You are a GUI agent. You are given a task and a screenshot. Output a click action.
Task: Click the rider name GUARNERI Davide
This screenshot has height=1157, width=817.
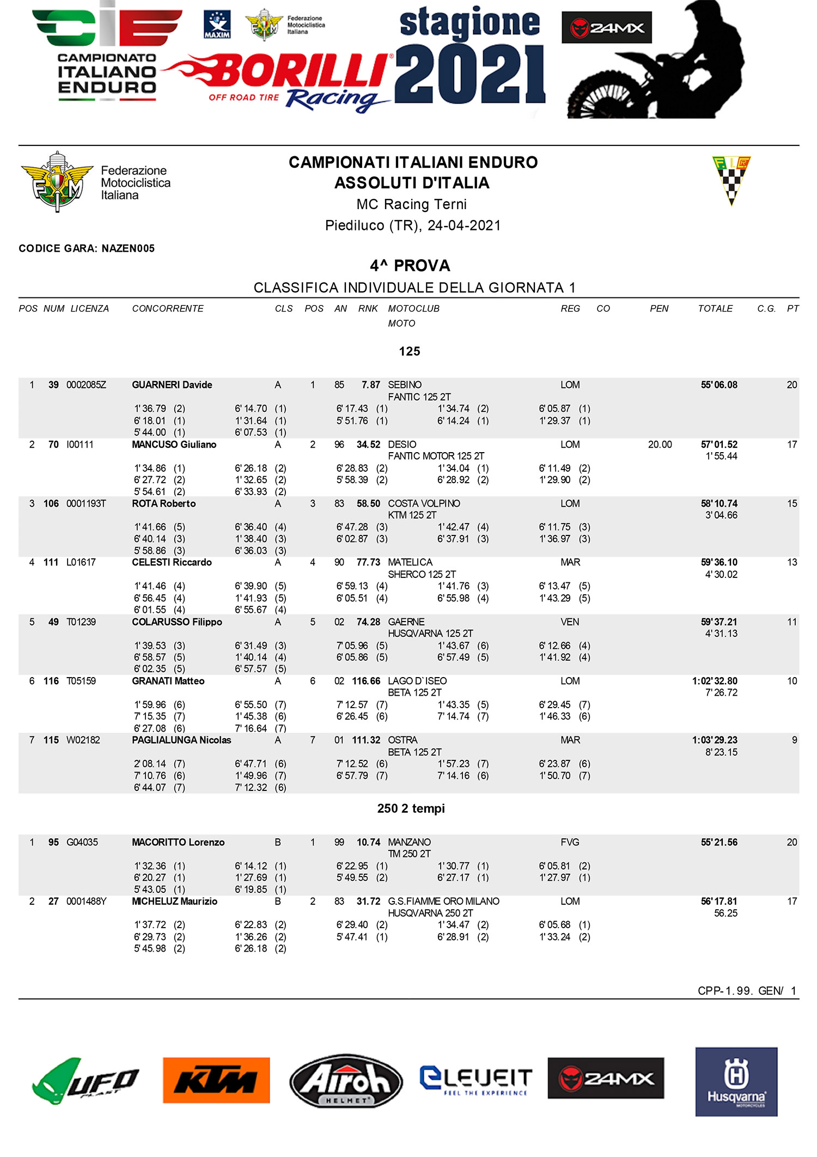click(172, 385)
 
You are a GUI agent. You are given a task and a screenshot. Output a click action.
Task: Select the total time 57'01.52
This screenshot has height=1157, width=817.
click(718, 444)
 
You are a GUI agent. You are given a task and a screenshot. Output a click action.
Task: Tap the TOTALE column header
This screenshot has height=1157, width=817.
click(715, 308)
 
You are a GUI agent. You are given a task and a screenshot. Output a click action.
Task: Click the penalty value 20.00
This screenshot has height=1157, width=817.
click(660, 444)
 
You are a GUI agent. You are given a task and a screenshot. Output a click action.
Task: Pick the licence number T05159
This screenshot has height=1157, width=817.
click(81, 681)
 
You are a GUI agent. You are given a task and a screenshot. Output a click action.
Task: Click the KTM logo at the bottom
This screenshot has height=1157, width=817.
click(216, 1080)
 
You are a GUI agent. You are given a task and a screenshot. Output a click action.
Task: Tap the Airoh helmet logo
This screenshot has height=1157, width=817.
click(346, 1080)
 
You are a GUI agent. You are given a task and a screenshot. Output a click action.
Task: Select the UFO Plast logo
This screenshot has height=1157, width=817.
click(85, 1081)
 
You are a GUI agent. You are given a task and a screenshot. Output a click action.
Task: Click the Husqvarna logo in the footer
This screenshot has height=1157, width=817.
click(736, 1081)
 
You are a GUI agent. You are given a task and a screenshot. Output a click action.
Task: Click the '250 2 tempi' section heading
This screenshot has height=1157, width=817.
click(411, 808)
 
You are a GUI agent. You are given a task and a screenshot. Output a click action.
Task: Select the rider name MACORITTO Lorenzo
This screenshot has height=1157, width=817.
click(178, 842)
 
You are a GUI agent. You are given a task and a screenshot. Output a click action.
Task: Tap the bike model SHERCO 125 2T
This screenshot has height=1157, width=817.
click(422, 574)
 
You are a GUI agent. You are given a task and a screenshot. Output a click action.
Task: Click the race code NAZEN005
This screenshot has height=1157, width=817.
click(128, 248)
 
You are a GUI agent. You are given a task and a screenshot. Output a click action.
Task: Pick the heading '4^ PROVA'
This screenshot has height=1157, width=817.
click(410, 266)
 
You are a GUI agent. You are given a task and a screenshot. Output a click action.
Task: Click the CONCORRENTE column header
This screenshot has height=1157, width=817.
click(168, 308)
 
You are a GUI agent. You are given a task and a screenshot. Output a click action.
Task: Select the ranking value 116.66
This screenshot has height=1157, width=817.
click(366, 681)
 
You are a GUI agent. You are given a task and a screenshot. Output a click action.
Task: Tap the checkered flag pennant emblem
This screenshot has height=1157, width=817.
click(731, 180)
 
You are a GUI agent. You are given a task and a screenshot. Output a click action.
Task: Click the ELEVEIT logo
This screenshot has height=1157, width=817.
click(475, 1080)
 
